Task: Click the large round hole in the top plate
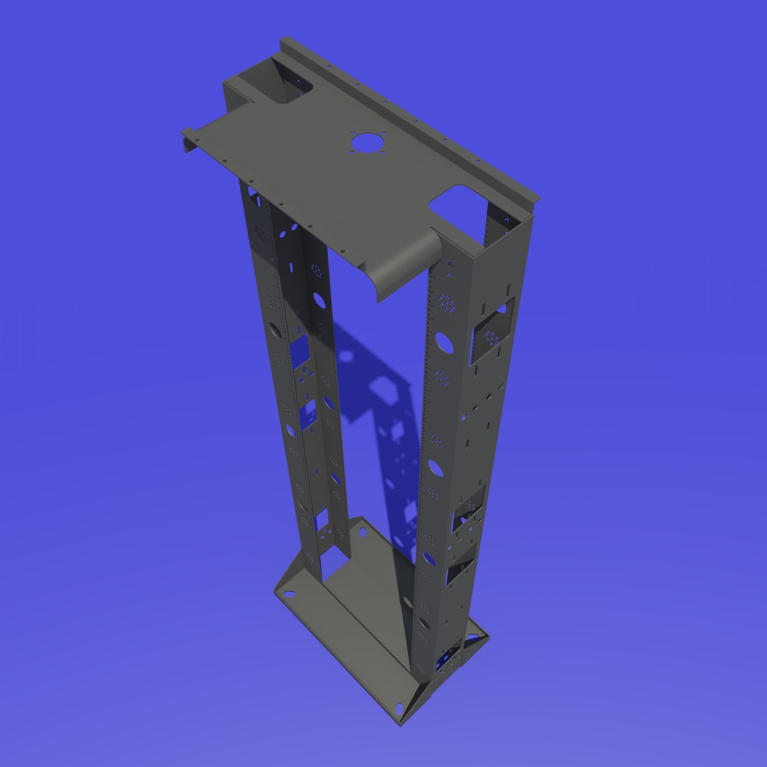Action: tap(366, 143)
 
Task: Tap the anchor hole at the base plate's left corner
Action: tap(288, 593)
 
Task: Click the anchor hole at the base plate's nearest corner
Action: tap(399, 708)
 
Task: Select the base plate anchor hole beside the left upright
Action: tap(340, 533)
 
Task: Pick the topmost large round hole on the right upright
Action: tap(444, 342)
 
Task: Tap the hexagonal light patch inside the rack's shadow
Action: tap(384, 388)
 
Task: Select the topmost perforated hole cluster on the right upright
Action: tap(446, 303)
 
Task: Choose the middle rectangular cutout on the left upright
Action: tap(308, 415)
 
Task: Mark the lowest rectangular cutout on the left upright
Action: tap(321, 523)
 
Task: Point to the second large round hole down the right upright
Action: tap(435, 468)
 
